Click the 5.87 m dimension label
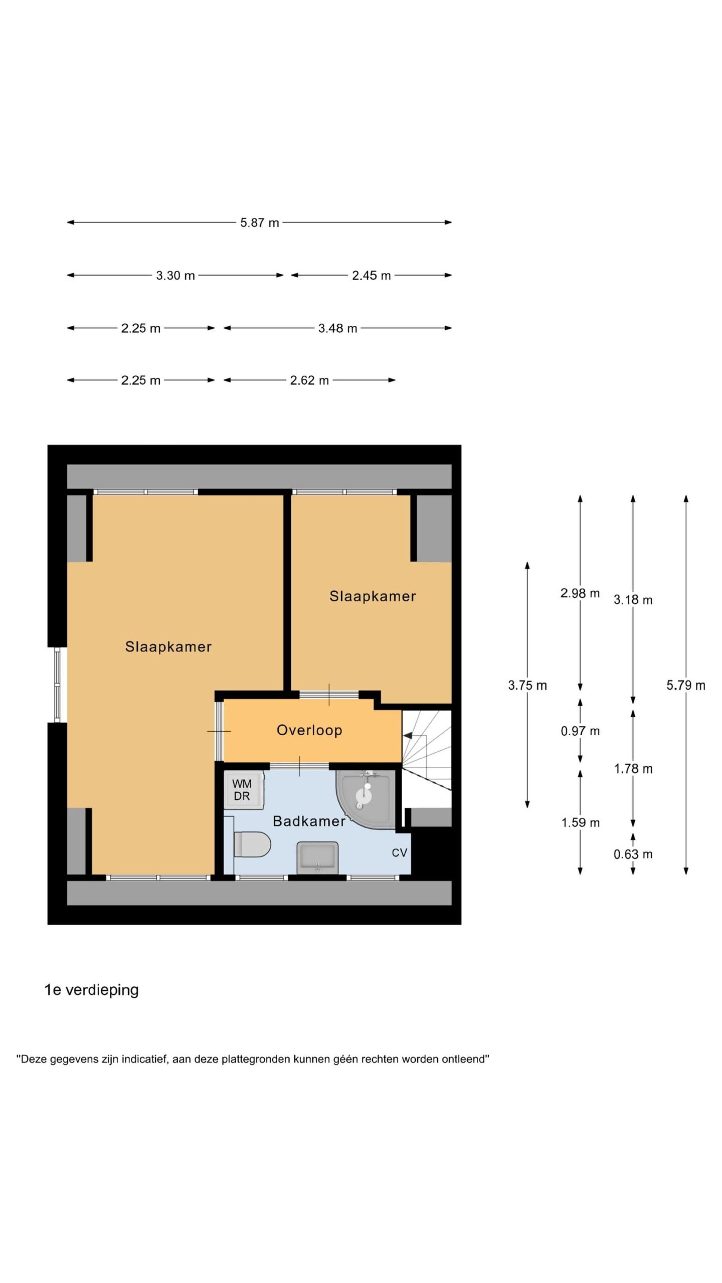259,223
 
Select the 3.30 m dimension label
175,275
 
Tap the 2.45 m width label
371,275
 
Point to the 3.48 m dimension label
337,328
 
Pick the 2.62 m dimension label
309,380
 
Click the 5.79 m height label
685,685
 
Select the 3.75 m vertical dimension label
527,685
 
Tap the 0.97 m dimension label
580,731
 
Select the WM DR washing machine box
243,790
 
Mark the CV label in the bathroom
399,852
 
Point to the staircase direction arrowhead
407,736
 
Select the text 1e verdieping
92,990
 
